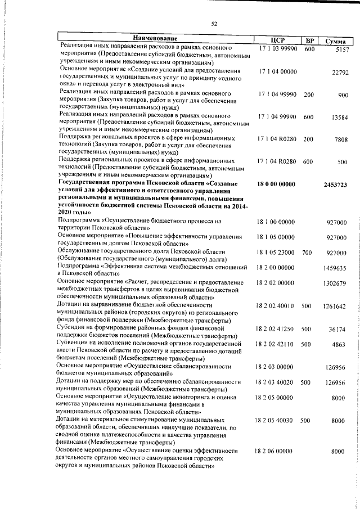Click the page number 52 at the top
[214, 23]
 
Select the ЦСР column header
[277, 40]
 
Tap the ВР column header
[309, 40]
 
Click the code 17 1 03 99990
[278, 49]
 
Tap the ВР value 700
[307, 253]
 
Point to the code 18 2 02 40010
[274, 307]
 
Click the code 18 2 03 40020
[274, 382]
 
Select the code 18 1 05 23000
[275, 253]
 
